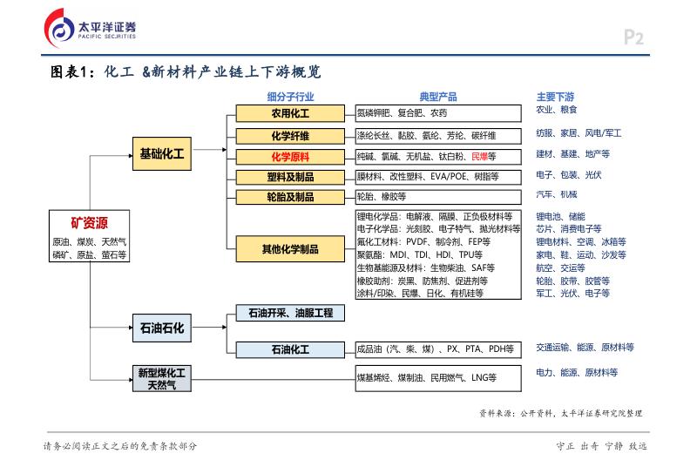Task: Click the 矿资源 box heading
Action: tap(89, 221)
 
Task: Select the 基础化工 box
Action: tap(161, 153)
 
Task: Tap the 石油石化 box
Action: tap(161, 328)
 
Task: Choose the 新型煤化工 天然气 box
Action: tap(161, 377)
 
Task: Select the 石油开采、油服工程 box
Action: tap(290, 313)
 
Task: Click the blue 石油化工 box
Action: tap(290, 349)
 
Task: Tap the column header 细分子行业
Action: tap(290, 96)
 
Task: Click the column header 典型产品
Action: tap(438, 96)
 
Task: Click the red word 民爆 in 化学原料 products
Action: tap(478, 157)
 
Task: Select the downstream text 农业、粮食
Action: tap(556, 111)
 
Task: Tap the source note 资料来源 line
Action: tap(565, 413)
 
